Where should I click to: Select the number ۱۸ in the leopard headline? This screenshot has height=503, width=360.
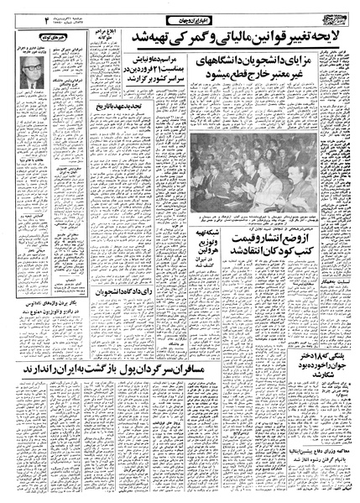(x=324, y=388)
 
